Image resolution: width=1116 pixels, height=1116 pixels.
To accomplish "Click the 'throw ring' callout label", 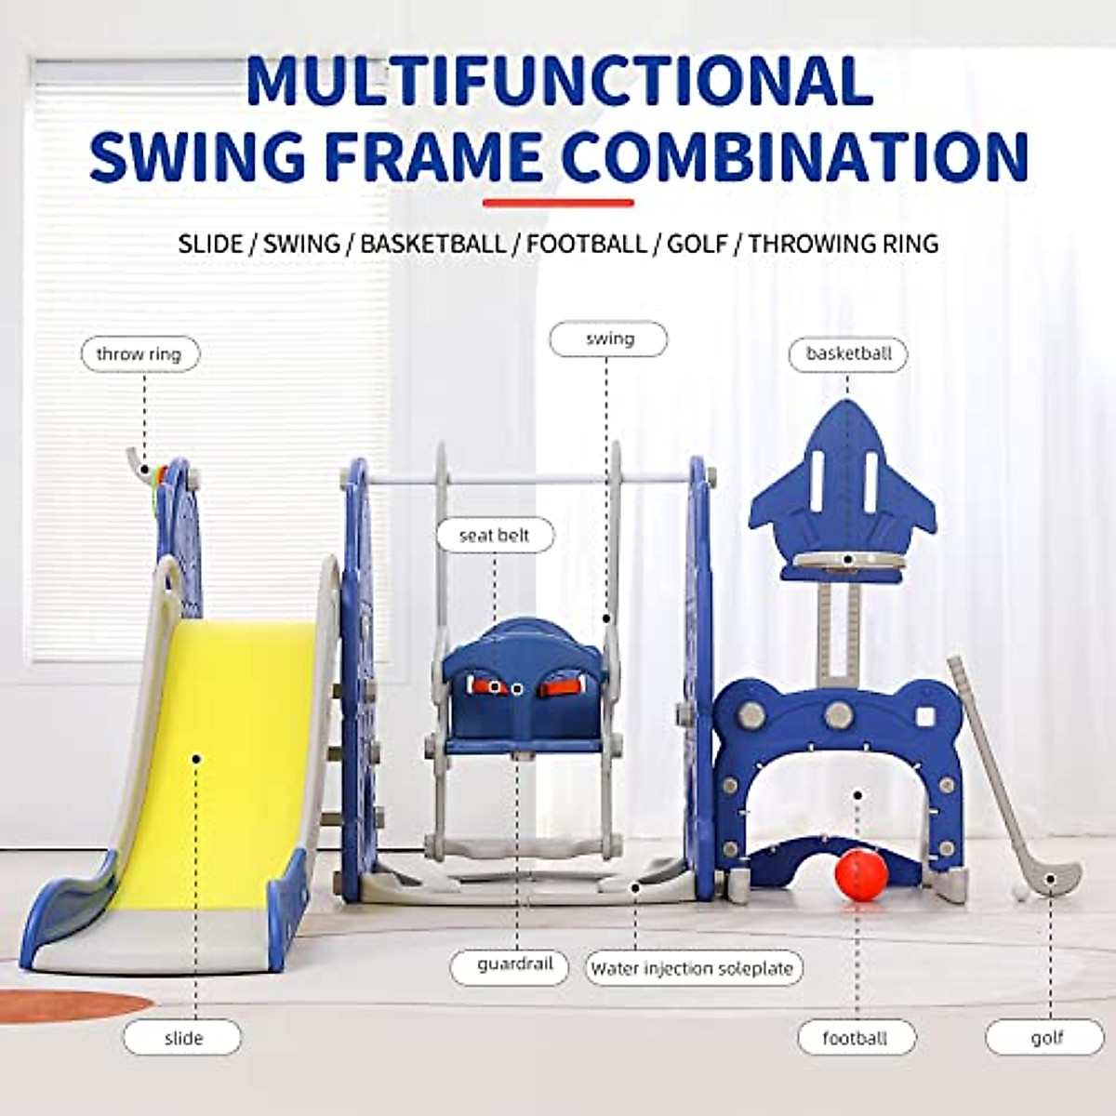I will click(139, 354).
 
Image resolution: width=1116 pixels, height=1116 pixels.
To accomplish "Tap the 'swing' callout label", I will click(608, 339).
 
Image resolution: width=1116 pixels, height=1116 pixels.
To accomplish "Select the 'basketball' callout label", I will click(848, 354).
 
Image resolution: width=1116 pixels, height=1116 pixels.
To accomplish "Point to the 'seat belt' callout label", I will click(495, 536).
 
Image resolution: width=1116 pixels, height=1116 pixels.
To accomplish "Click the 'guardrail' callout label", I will click(514, 965).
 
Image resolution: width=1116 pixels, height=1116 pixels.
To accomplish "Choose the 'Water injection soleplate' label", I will click(693, 968).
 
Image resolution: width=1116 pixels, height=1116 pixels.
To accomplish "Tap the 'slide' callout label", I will click(182, 1038).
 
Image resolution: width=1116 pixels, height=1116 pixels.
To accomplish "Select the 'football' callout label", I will click(855, 1039).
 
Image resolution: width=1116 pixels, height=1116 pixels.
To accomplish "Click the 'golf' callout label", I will click(1046, 1038).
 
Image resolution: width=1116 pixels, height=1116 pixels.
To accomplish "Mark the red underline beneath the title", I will click(558, 203).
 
